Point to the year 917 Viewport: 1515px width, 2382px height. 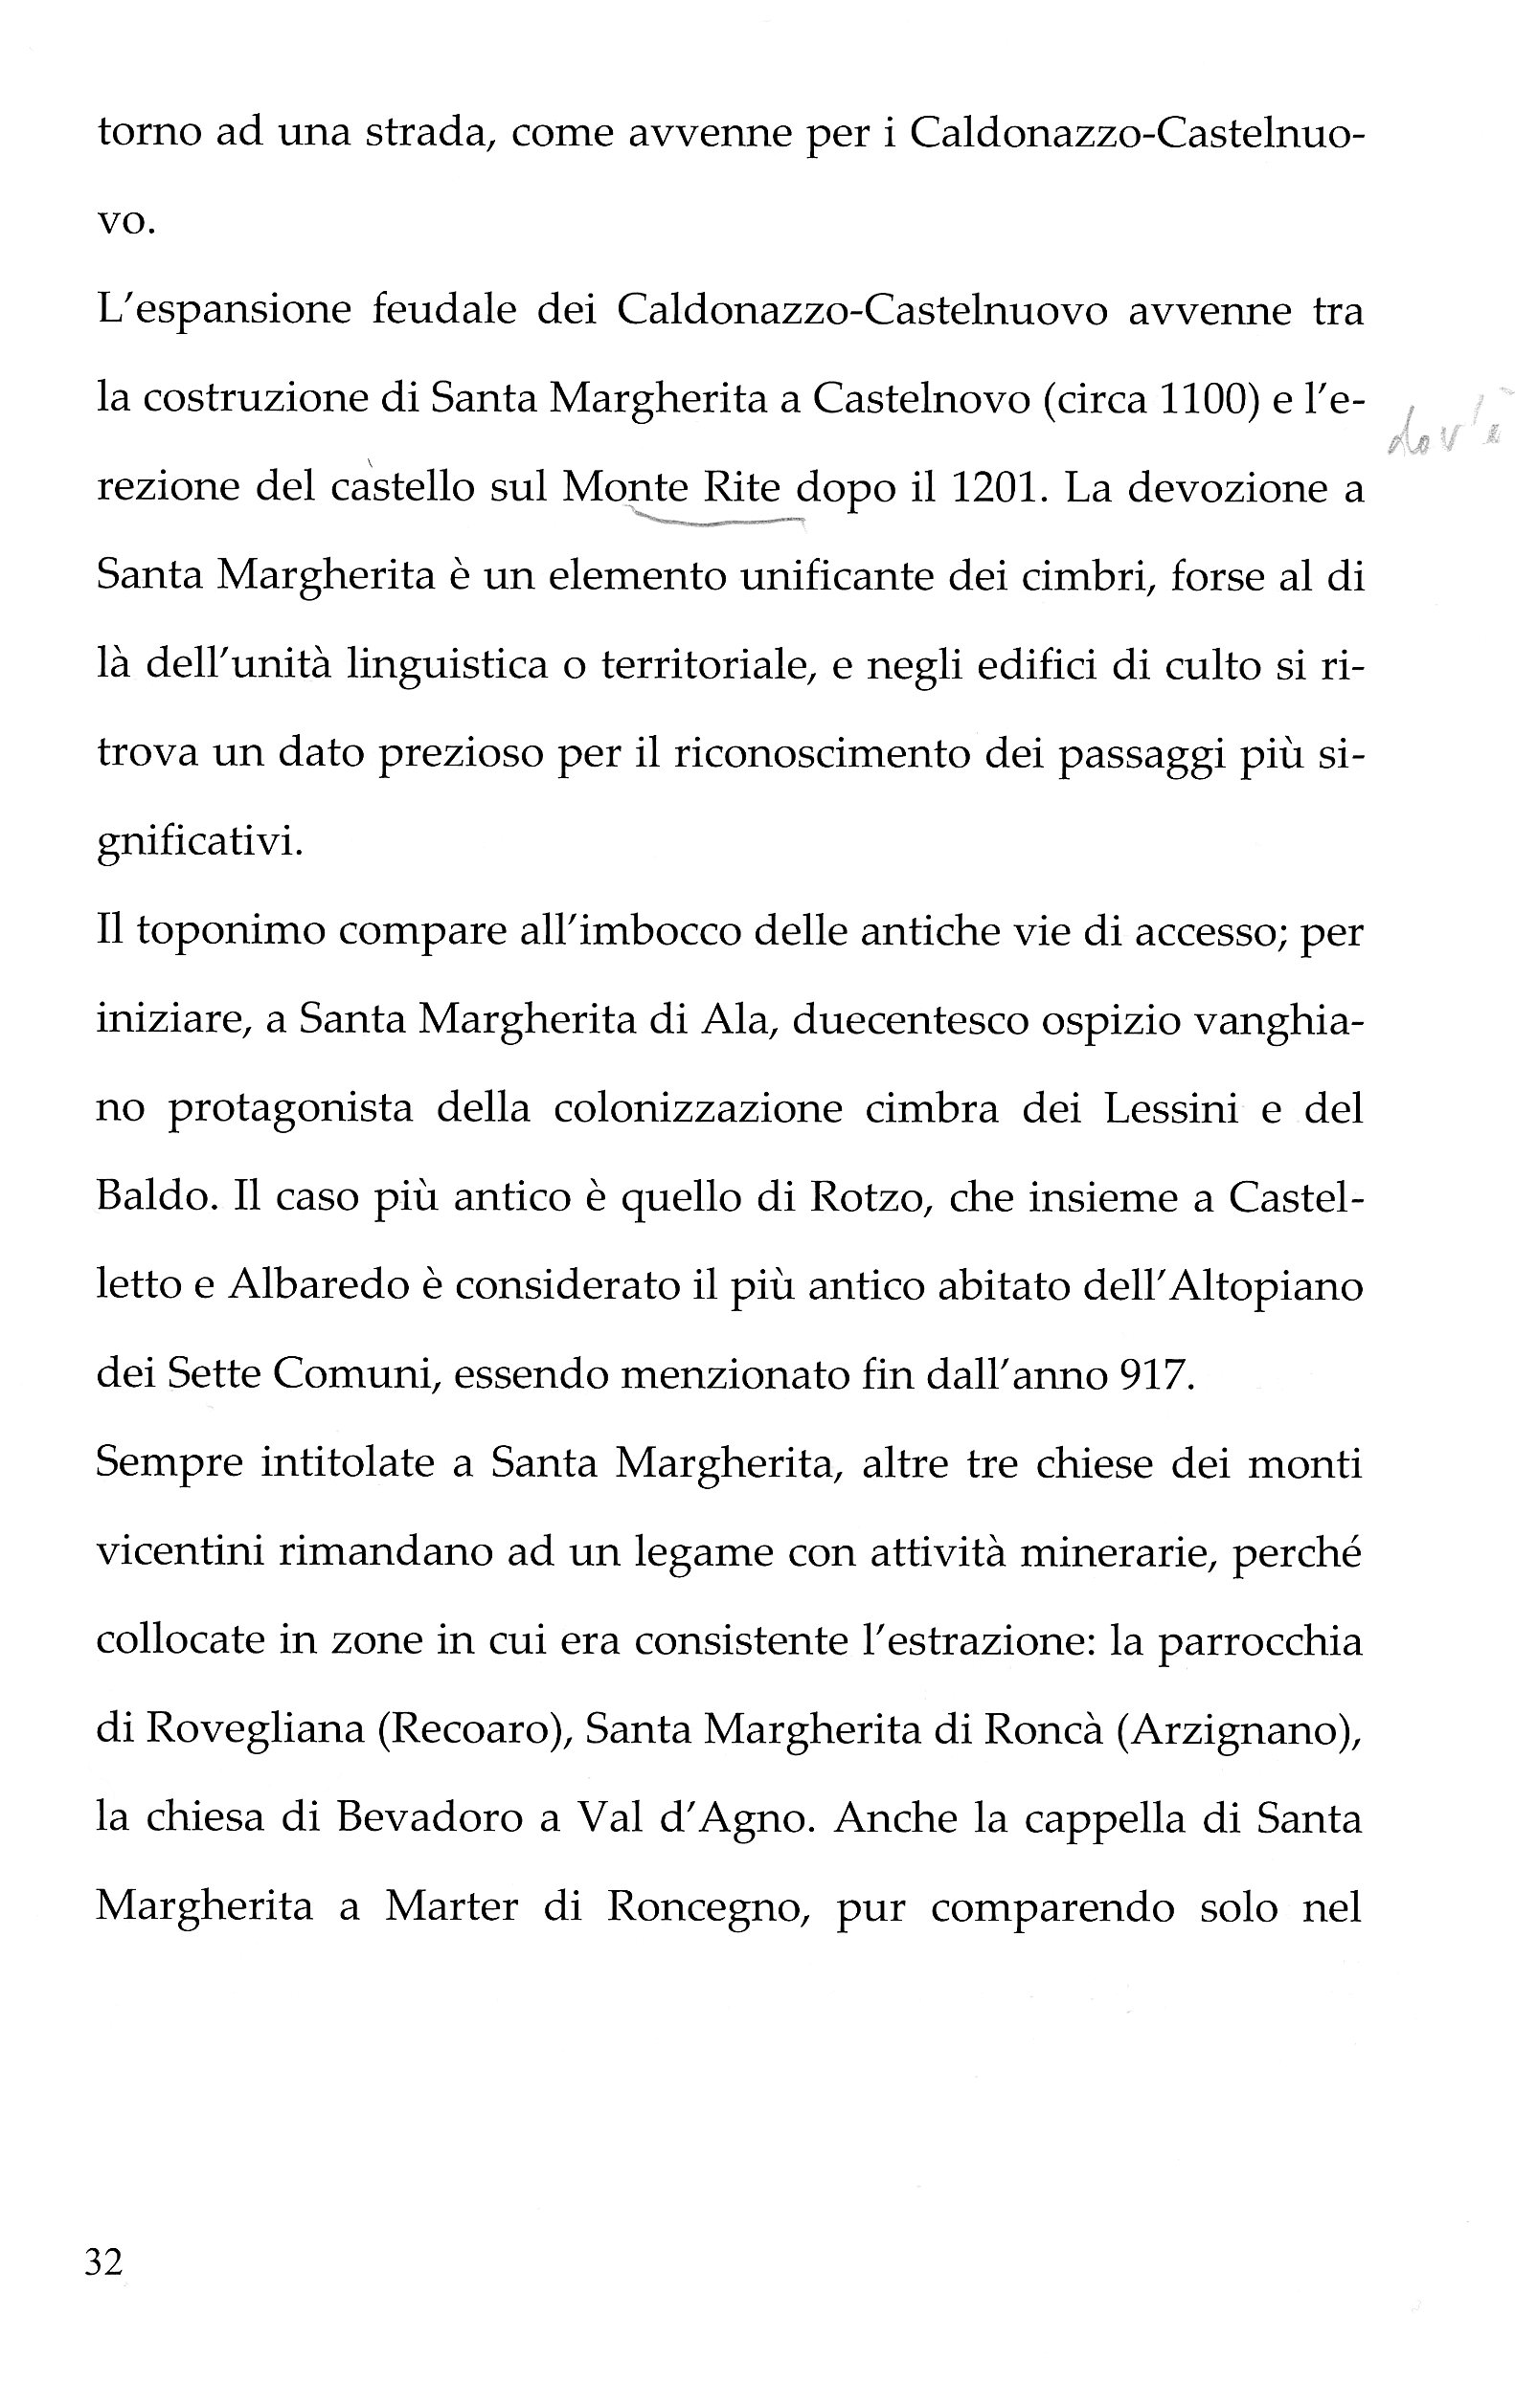1153,1376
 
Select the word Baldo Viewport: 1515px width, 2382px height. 151,1198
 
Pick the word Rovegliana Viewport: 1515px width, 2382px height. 257,1730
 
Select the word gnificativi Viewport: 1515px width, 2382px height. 199,844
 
